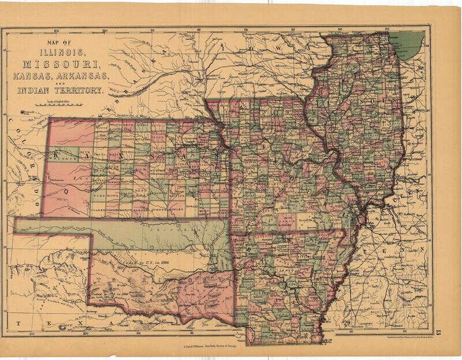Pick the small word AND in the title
[60, 84]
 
